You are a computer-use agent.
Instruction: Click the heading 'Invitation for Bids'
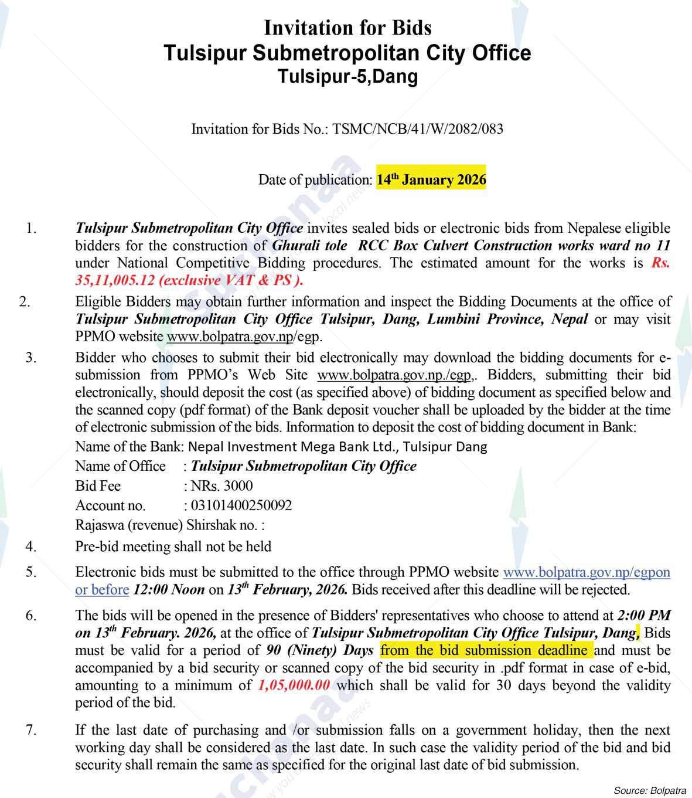point(347,28)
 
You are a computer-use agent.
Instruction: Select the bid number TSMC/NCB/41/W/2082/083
point(418,129)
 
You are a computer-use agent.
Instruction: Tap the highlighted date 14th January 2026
point(431,179)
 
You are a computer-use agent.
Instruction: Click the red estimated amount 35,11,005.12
point(115,280)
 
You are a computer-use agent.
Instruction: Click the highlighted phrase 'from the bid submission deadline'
point(484,650)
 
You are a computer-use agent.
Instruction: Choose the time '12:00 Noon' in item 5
point(169,589)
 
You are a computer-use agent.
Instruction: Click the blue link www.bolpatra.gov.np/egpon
point(587,572)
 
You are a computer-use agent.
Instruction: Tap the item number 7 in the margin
point(31,730)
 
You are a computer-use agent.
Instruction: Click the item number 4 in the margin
point(31,546)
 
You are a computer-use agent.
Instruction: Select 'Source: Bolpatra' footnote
point(649,790)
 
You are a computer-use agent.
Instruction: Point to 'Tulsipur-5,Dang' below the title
point(347,77)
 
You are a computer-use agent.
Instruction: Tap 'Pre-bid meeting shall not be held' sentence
point(173,546)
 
